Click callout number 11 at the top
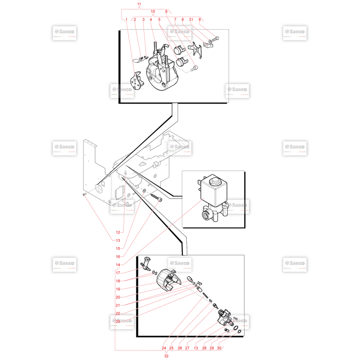[x=139, y=4]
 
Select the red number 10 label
[x=153, y=12]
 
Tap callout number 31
[x=191, y=19]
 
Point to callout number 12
[x=118, y=232]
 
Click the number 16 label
[x=118, y=256]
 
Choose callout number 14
[x=118, y=265]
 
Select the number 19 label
[x=118, y=289]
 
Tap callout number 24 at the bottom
[x=164, y=348]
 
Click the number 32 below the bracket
[x=166, y=356]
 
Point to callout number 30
[x=219, y=348]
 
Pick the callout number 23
[x=118, y=321]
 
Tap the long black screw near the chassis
[x=156, y=198]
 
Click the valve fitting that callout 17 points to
[x=146, y=264]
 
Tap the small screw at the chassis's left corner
[x=85, y=194]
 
